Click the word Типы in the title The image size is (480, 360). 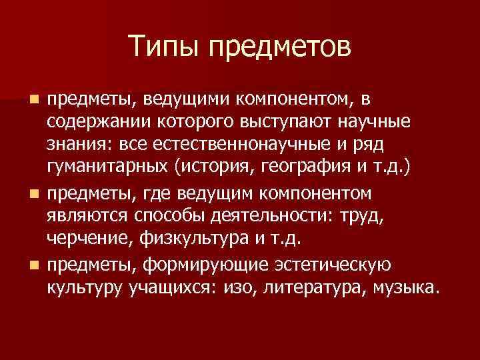coord(161,47)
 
